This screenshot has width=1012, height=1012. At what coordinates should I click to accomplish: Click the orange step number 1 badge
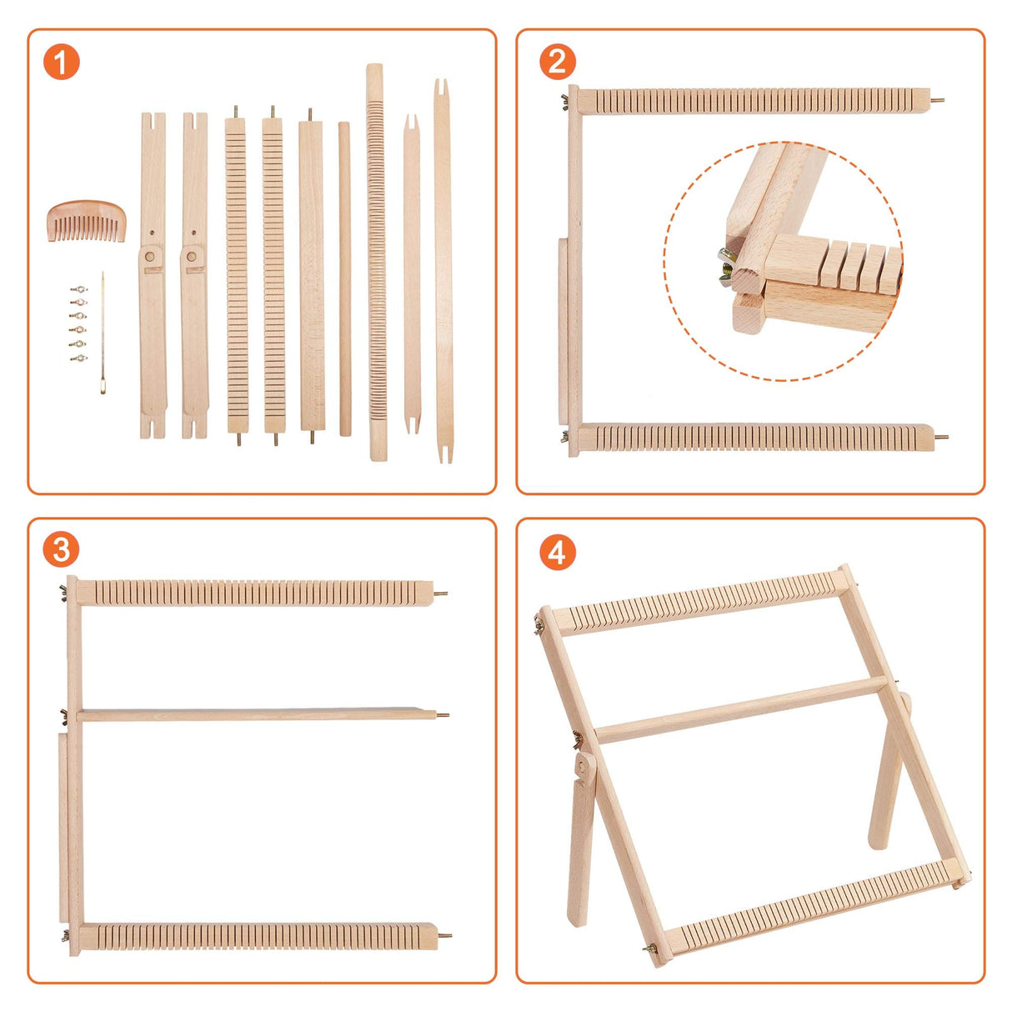tap(61, 63)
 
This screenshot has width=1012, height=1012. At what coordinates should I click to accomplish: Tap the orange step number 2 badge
tap(557, 63)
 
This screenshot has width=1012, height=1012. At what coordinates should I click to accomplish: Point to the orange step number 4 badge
tap(557, 552)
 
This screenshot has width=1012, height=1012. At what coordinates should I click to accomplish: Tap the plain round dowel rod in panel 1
tap(344, 279)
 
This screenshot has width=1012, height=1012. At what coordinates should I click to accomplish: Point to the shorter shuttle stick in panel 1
tap(412, 275)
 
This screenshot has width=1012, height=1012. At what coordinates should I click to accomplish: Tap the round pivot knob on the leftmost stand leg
tap(151, 258)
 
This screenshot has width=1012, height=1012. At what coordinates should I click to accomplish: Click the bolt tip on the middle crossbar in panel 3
tap(443, 714)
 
